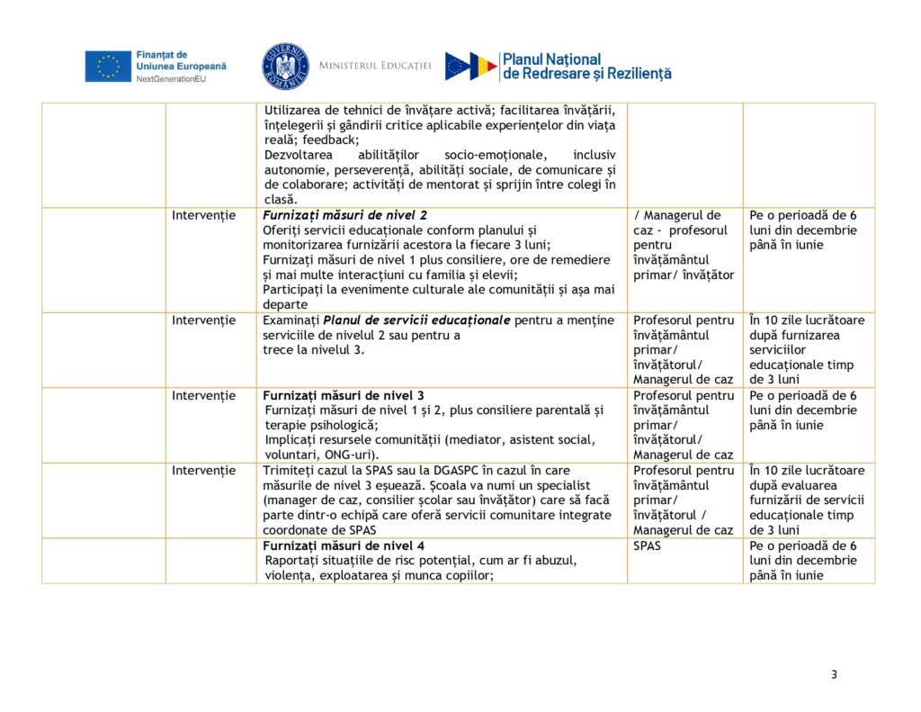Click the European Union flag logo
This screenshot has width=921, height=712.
108,66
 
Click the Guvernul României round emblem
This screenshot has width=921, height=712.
285,67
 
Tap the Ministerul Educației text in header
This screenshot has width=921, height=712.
375,67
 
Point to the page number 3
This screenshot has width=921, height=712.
834,675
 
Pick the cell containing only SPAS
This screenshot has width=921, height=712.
647,545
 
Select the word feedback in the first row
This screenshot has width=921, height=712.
330,140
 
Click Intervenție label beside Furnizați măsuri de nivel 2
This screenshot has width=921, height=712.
204,215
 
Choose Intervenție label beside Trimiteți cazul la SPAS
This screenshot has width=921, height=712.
204,470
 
